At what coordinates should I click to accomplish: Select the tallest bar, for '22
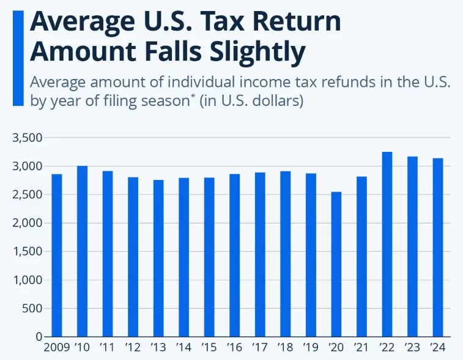click(x=387, y=244)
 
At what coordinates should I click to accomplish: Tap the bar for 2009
click(x=56, y=255)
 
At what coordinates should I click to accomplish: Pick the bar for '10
click(x=82, y=251)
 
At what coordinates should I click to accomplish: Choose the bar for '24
click(x=438, y=247)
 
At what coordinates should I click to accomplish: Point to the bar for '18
click(x=286, y=254)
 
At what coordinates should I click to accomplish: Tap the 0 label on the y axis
click(x=38, y=337)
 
